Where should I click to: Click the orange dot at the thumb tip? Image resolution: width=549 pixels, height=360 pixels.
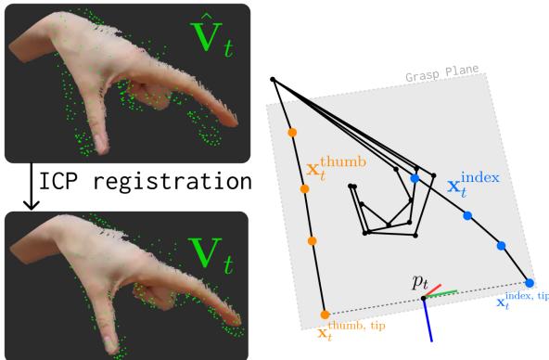[326, 315]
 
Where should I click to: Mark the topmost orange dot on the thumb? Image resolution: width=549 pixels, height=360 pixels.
[293, 133]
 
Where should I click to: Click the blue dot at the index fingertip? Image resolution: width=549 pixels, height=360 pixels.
[530, 282]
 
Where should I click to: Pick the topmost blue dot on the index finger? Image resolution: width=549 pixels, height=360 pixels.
[415, 177]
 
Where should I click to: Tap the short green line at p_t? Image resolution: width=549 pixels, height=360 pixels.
[444, 294]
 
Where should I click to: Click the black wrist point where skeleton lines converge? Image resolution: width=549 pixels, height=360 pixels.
[272, 80]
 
